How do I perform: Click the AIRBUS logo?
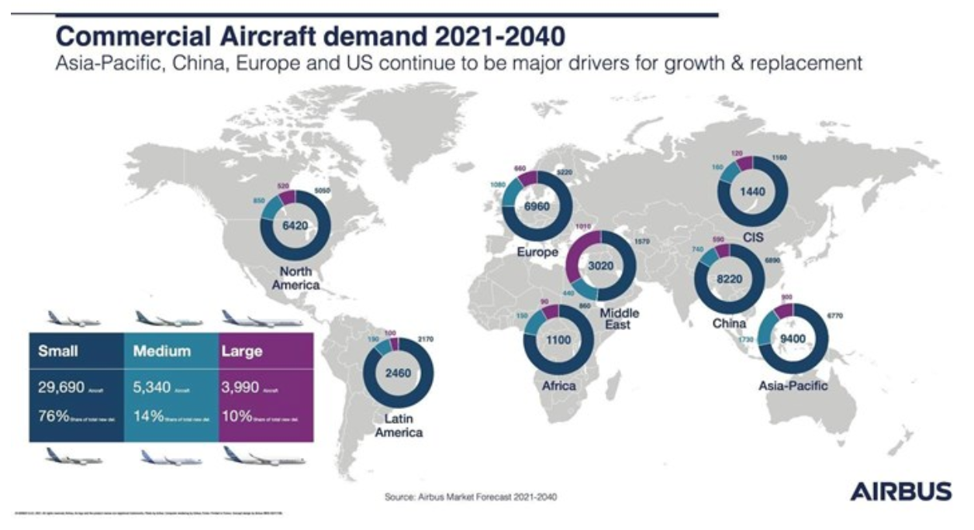900,491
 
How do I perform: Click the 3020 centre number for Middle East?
602,265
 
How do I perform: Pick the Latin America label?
398,425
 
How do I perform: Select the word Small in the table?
58,351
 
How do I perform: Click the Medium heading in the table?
161,351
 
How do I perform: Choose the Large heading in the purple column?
242,351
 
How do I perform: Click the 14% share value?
148,415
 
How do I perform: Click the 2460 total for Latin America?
398,373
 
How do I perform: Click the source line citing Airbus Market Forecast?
471,497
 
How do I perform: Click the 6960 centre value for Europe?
537,208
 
